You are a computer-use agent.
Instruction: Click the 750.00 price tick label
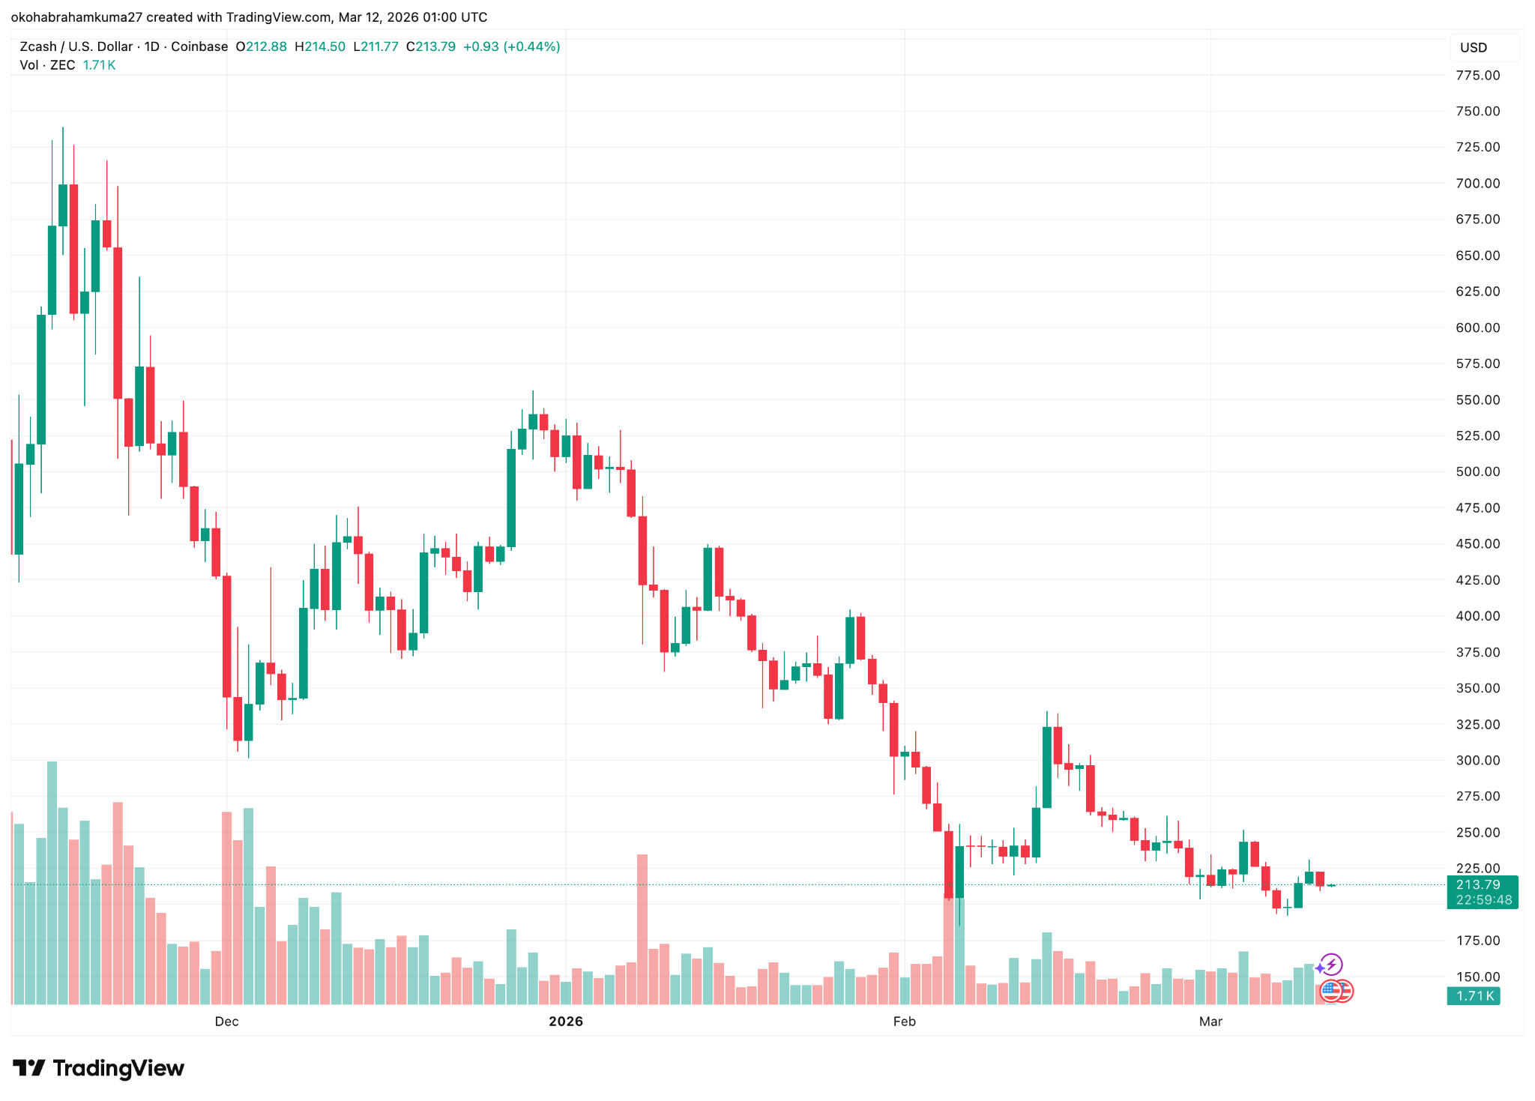click(x=1477, y=111)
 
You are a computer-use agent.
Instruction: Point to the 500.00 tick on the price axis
click(x=1477, y=471)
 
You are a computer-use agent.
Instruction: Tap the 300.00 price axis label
click(x=1477, y=760)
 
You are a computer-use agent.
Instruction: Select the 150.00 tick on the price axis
click(x=1477, y=977)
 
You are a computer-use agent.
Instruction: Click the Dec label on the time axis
click(x=226, y=1022)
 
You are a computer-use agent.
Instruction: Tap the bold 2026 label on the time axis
click(x=566, y=1022)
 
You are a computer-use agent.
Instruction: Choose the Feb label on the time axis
click(x=904, y=1022)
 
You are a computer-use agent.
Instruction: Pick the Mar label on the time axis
click(x=1210, y=1022)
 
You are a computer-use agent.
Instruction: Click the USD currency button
click(x=1474, y=48)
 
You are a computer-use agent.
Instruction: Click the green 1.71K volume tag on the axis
click(x=1474, y=996)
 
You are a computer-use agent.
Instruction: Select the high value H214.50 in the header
click(x=320, y=46)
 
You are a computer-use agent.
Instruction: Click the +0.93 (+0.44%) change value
click(x=512, y=46)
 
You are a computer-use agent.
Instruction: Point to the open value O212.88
click(x=261, y=46)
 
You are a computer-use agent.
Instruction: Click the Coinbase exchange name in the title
click(x=199, y=46)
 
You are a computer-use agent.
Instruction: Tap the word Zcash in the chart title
click(x=37, y=46)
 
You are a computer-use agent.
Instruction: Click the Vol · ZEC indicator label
click(x=47, y=65)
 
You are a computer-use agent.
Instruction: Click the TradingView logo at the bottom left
click(x=99, y=1068)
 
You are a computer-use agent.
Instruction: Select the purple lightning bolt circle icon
click(x=1331, y=964)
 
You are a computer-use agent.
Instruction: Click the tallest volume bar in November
click(x=52, y=882)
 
